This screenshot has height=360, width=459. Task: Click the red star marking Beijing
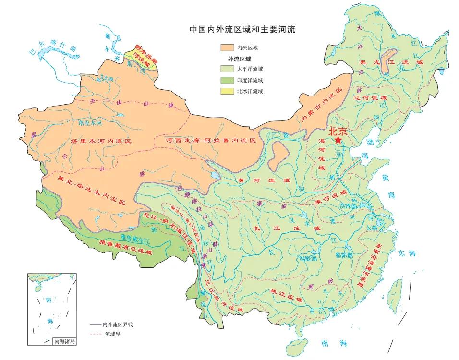tap(339, 140)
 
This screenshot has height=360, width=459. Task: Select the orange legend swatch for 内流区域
tap(225, 48)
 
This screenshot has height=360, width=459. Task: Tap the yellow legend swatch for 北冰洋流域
tap(225, 91)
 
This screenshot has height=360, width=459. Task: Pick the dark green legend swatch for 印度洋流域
tap(225, 80)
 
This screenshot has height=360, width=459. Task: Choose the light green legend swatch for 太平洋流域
tap(225, 69)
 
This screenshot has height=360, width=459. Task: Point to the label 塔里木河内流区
tap(101, 141)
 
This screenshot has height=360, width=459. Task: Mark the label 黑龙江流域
tap(392, 63)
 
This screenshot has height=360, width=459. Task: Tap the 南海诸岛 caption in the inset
tap(64, 341)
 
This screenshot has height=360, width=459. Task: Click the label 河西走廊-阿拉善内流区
tap(211, 141)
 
